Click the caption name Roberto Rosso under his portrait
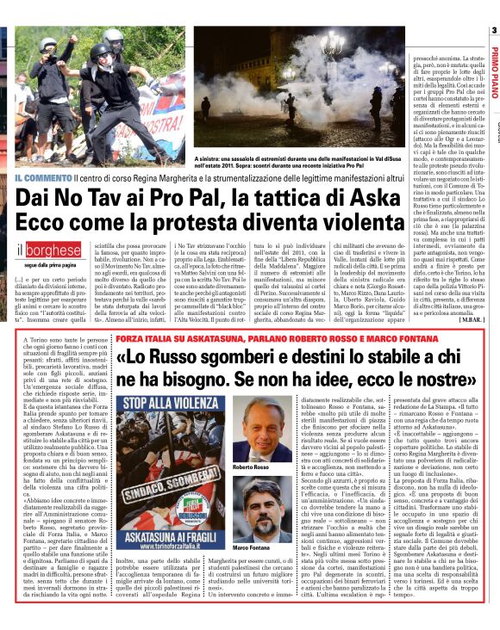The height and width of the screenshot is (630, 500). point(252,467)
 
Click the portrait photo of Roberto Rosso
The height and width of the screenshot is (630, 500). point(262,434)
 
